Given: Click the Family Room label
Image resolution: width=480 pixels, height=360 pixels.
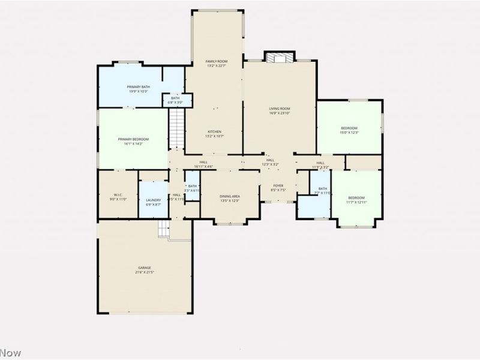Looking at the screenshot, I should coord(217,61).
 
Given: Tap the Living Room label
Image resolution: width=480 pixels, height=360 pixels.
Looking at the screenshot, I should coord(279,109).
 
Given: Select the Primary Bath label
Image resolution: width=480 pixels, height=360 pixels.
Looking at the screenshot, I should coord(138,88).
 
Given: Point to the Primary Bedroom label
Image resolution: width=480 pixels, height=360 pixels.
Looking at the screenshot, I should coord(133,139).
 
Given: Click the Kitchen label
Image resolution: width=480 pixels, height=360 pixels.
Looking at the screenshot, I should coord(215,131).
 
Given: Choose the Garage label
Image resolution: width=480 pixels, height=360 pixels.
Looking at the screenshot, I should coord(145,268).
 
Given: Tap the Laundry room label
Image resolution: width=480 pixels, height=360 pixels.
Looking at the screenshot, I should coord(153,200).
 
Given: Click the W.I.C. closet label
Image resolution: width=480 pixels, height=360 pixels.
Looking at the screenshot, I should coord(118,194).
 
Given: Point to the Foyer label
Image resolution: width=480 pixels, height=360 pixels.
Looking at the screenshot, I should coord(278,186).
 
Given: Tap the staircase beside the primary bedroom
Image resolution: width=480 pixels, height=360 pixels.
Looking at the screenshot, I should coord(175,128).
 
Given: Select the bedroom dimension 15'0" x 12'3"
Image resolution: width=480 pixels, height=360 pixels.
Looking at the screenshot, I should coord(349,133).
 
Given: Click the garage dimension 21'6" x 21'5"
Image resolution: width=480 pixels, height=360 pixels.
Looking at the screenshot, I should coord(145,272).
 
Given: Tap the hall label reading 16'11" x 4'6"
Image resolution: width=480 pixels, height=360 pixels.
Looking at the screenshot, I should coord(204,166).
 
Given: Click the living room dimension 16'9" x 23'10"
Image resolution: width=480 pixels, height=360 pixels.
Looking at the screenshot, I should coord(279,113).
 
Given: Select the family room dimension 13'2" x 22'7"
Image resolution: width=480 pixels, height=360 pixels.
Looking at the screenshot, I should coord(217,66).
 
